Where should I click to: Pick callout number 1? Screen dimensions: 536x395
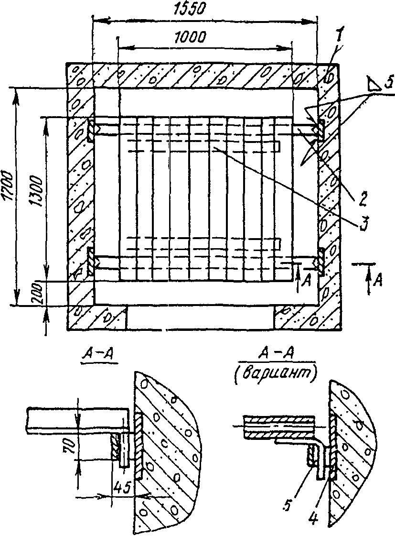tap(338, 50)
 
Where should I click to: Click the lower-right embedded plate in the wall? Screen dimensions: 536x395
tap(321, 261)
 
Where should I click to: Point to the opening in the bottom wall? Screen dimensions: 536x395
tap(200, 317)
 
